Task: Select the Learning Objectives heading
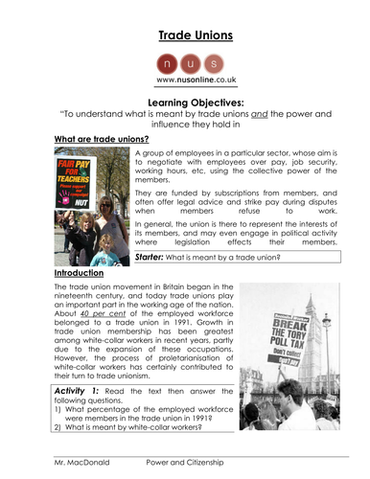(184, 103)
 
